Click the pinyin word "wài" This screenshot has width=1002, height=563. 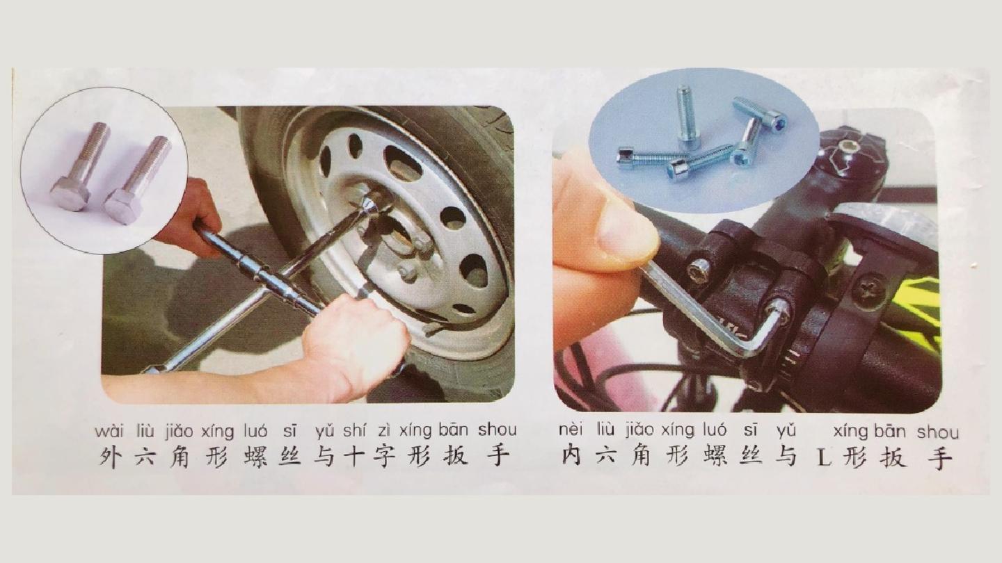[109, 432]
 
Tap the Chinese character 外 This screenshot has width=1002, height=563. [110, 457]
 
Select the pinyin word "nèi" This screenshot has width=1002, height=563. [571, 431]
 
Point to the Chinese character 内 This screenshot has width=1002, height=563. [572, 456]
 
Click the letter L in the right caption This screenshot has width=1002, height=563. [823, 457]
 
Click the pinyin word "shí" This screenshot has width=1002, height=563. [354, 431]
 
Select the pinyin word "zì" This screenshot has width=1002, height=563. [384, 432]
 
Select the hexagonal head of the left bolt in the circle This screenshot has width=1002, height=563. [70, 193]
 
